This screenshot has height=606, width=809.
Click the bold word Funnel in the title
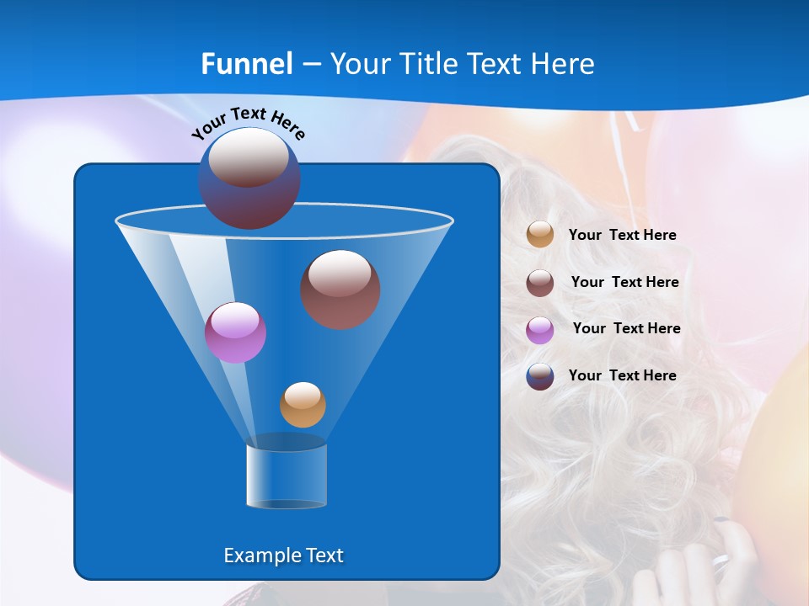pyautogui.click(x=247, y=64)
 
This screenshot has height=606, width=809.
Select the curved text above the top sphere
pyautogui.click(x=249, y=123)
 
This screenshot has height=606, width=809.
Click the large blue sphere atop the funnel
pyautogui.click(x=249, y=178)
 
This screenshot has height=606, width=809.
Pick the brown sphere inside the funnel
pyautogui.click(x=340, y=289)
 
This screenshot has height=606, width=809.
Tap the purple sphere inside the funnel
pyautogui.click(x=235, y=332)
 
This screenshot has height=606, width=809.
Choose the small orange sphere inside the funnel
pyautogui.click(x=303, y=404)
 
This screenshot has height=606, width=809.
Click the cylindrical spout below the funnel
pyautogui.click(x=287, y=476)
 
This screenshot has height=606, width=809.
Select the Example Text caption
pyautogui.click(x=283, y=555)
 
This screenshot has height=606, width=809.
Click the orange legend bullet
pyautogui.click(x=540, y=235)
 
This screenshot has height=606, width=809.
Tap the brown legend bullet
pyautogui.click(x=540, y=283)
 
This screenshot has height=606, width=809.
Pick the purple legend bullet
pyautogui.click(x=540, y=330)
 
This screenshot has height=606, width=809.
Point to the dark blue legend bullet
pyautogui.click(x=540, y=376)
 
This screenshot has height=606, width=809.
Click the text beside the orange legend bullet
pyautogui.click(x=622, y=236)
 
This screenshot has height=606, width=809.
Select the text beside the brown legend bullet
pyautogui.click(x=624, y=282)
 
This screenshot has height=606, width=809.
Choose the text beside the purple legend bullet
pyautogui.click(x=626, y=328)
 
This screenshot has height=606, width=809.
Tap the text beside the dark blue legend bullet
pyautogui.click(x=622, y=375)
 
